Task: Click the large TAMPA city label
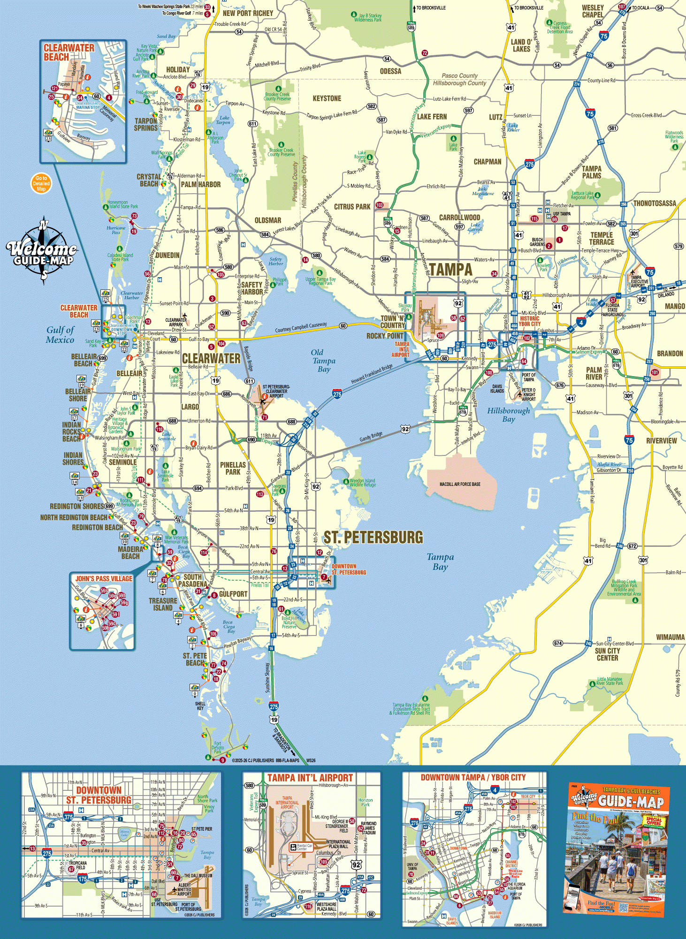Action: coord(450,270)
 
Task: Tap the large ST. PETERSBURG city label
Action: coord(373,538)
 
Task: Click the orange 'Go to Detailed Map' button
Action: coord(41,183)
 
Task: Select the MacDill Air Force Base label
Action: coord(460,484)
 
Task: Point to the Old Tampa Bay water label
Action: coord(323,361)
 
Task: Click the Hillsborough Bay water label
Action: coord(508,415)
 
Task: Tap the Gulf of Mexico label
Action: coord(60,335)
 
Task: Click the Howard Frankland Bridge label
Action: coord(372,373)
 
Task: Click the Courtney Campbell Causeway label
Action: coord(301,327)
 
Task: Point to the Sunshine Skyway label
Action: coord(268,677)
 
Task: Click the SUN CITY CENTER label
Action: coord(607,654)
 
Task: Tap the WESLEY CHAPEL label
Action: coord(593,11)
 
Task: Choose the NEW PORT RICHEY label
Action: coord(248,13)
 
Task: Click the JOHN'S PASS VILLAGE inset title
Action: coord(104,579)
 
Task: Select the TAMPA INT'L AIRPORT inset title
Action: coord(310,778)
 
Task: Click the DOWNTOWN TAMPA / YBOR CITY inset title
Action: coord(473,777)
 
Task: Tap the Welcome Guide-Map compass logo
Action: coord(42,251)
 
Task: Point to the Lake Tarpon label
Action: coord(224,120)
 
